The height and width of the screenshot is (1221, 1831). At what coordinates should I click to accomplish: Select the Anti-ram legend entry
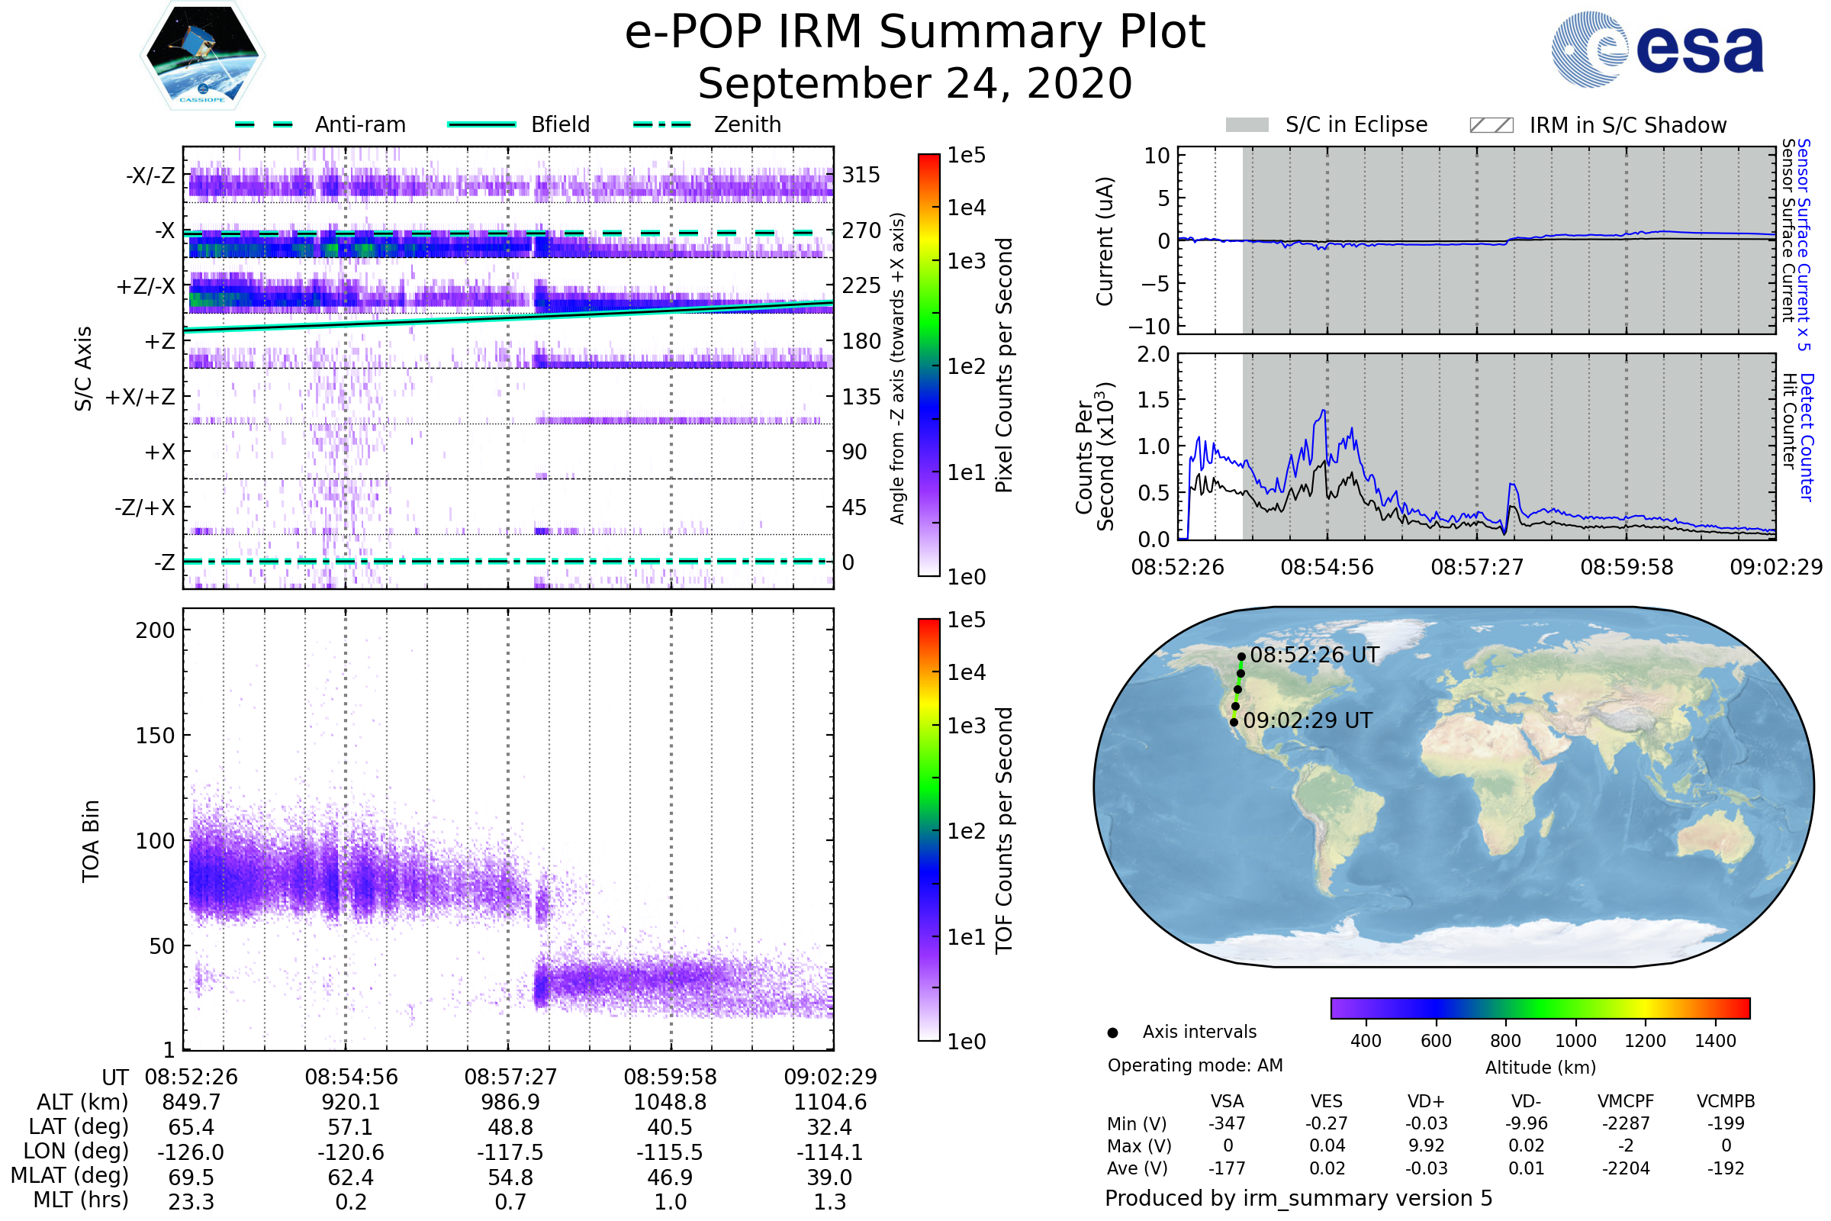(x=359, y=124)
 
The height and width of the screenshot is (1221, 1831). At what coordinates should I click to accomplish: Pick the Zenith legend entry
(x=747, y=124)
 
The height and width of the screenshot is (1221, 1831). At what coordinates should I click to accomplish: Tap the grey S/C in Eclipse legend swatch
(x=1247, y=125)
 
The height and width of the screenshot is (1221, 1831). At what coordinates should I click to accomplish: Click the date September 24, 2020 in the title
(x=915, y=84)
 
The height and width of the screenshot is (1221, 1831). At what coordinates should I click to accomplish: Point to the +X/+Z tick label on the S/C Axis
(x=140, y=397)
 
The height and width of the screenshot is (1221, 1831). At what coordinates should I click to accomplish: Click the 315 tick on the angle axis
(x=861, y=176)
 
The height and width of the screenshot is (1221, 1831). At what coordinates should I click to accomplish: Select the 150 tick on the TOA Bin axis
(x=155, y=736)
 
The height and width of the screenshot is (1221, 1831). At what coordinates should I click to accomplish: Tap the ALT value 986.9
(x=510, y=1103)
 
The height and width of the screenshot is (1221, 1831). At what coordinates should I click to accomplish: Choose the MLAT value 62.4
(x=351, y=1178)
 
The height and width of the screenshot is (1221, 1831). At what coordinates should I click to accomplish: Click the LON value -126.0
(x=191, y=1152)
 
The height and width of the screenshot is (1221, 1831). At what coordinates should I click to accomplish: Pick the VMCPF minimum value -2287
(x=1626, y=1123)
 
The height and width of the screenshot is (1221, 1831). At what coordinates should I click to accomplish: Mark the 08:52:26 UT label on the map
(x=1314, y=655)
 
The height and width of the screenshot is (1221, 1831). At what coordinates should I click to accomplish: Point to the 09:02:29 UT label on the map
(x=1307, y=721)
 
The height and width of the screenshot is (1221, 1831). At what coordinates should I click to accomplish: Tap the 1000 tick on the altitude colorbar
(x=1575, y=1041)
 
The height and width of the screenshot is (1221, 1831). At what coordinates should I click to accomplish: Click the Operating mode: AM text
(x=1195, y=1065)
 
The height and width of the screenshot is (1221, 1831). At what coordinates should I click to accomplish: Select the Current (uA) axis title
(x=1105, y=241)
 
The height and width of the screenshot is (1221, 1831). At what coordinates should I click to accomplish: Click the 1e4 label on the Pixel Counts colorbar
(x=966, y=208)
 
